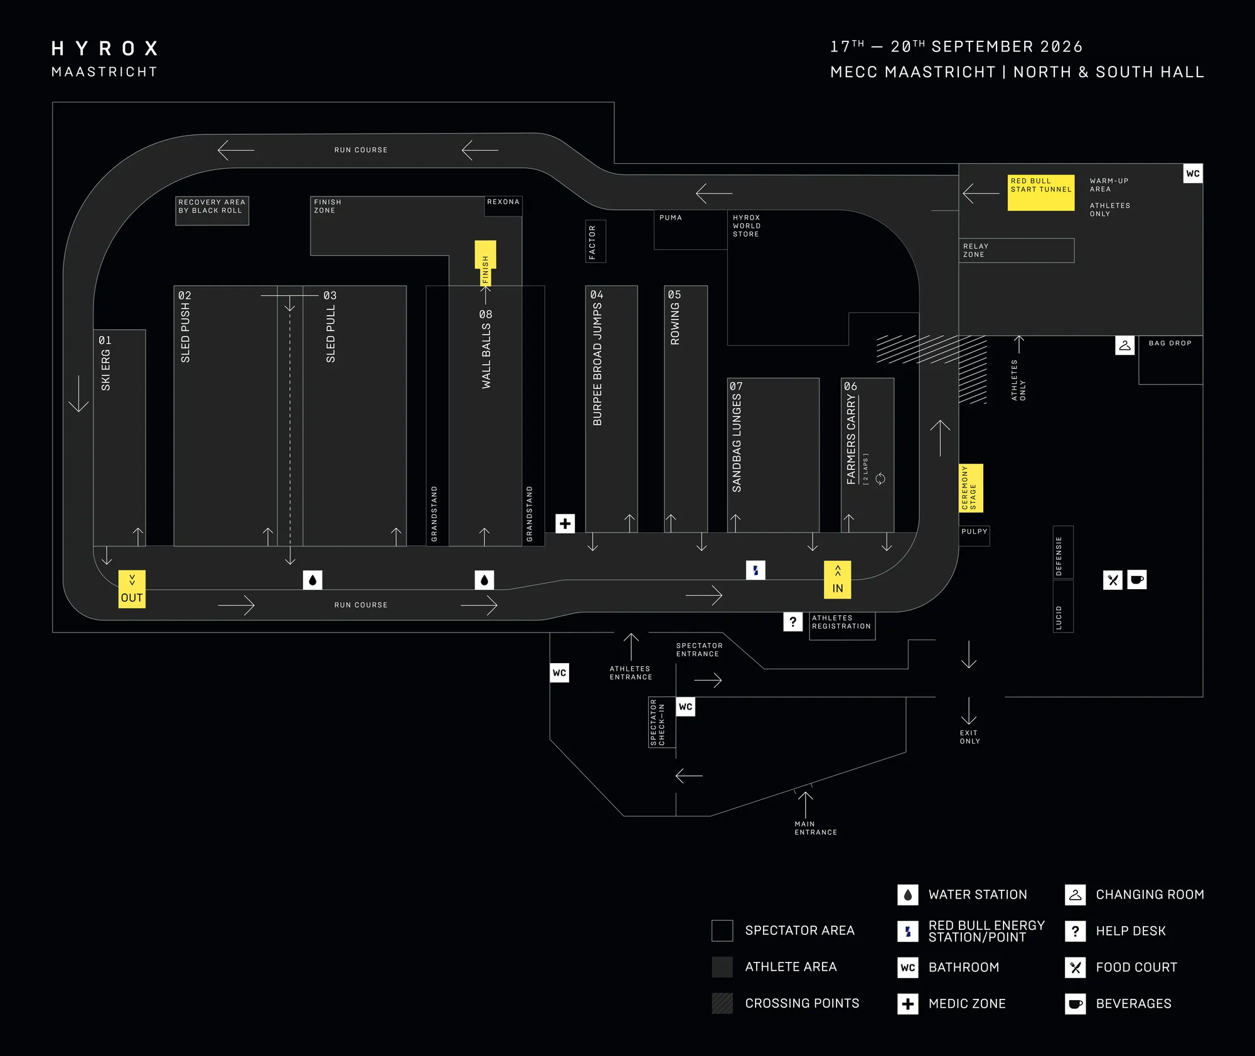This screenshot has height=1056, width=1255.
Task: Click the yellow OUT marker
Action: point(132,589)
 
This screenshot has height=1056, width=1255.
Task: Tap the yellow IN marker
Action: point(837,579)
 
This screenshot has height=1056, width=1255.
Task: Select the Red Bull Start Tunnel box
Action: point(1041,193)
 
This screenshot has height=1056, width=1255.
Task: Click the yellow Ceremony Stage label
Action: point(971,488)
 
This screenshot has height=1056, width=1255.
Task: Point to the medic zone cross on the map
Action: point(565,523)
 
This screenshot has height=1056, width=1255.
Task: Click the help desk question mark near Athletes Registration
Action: point(793,622)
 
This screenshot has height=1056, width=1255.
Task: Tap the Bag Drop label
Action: point(1170,343)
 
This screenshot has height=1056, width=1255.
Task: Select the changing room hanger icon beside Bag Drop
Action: point(1124,345)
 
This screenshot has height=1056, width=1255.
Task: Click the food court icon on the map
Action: point(1113,580)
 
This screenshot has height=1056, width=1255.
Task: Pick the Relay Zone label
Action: point(976,250)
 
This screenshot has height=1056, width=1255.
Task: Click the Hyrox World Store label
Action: point(747,226)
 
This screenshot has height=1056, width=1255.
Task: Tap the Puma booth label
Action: point(670,218)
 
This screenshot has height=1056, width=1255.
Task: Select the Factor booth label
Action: point(592,242)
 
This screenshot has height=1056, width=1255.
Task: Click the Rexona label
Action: point(503,202)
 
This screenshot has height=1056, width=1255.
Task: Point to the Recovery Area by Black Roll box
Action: point(212,210)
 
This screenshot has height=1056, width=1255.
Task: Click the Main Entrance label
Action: point(815,828)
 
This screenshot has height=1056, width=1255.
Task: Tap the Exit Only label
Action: point(969,737)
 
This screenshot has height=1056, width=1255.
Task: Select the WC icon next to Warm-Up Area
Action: point(1193,173)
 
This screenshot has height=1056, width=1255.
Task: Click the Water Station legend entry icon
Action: point(907,895)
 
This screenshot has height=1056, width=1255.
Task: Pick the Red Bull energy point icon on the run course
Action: point(756,570)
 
